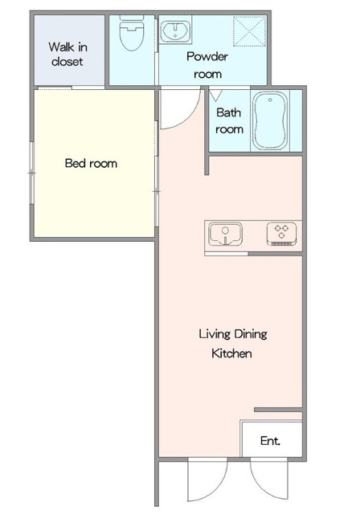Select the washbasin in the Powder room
(x=175, y=31)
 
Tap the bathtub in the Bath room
(x=270, y=120)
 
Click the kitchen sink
(x=226, y=234)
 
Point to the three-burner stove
(x=281, y=234)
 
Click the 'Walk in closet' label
(x=67, y=54)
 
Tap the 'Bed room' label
(x=91, y=163)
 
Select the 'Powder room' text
(x=207, y=65)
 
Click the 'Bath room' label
(x=229, y=120)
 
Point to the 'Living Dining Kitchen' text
(x=233, y=344)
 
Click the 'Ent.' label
(x=270, y=441)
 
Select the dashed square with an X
(x=249, y=31)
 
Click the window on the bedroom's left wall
(x=32, y=173)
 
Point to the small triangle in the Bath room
(x=215, y=96)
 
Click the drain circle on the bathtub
(x=270, y=100)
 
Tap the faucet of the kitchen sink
(x=225, y=235)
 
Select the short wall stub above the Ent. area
(x=278, y=410)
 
